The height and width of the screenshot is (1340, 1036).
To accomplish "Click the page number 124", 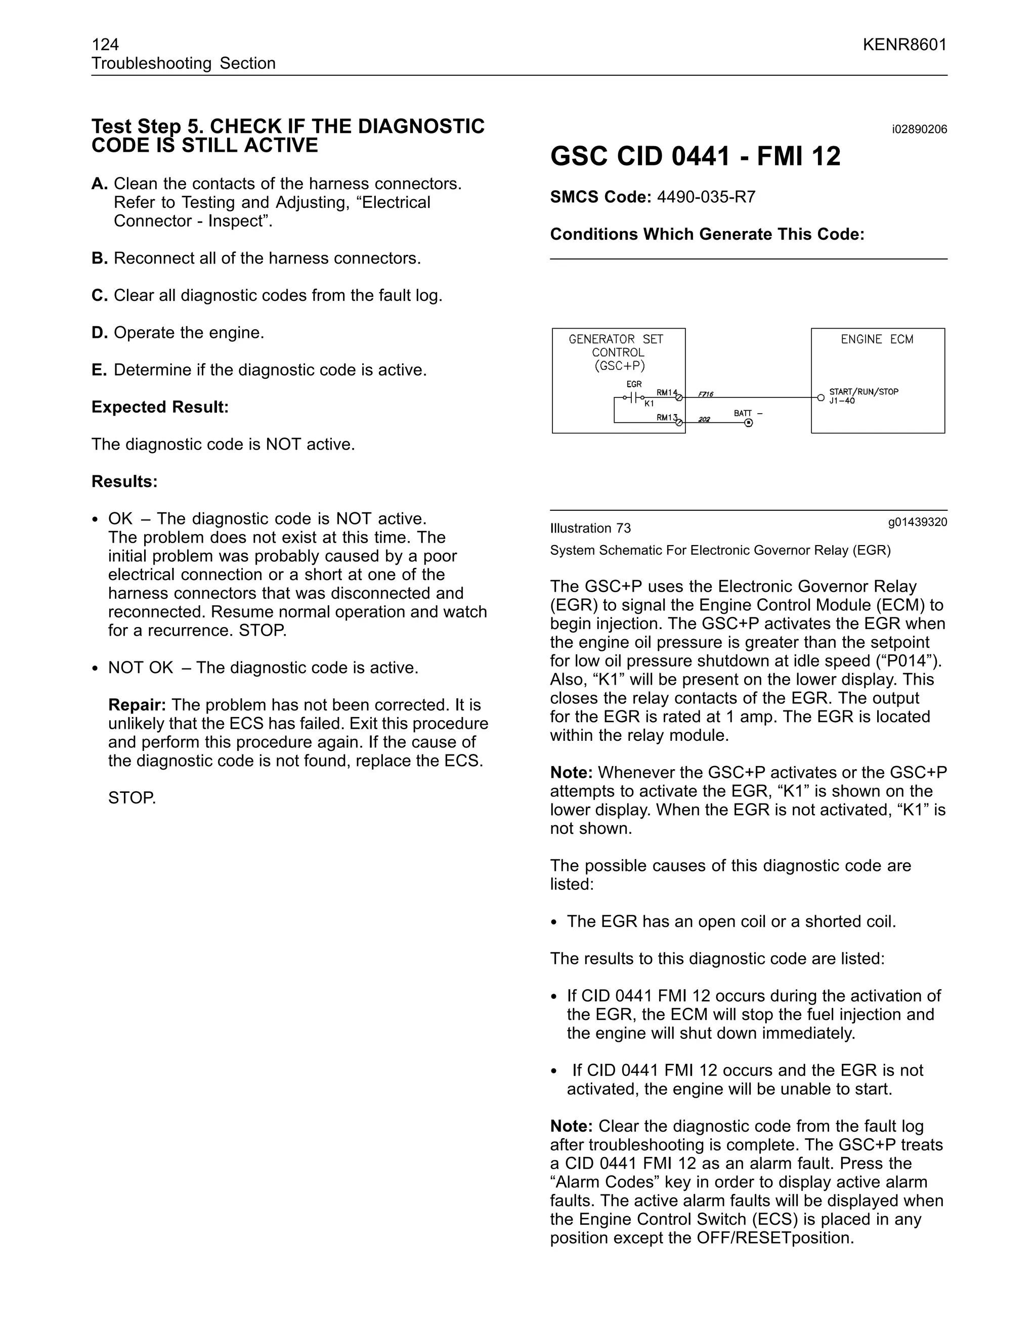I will click(105, 44).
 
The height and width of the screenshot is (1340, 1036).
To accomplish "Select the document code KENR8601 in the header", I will click(904, 44).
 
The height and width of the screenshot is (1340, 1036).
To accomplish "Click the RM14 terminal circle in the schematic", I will click(679, 397).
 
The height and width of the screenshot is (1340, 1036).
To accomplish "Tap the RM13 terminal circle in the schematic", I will click(679, 423).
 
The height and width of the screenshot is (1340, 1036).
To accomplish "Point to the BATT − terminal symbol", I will click(748, 423).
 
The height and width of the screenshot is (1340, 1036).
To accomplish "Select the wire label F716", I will click(705, 394).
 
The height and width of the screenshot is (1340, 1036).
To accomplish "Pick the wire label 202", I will click(704, 420).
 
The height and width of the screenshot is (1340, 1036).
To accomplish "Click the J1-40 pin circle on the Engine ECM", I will click(821, 397).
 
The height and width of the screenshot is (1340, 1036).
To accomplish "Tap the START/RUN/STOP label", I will click(864, 391).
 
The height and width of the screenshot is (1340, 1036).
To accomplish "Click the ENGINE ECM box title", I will click(877, 339).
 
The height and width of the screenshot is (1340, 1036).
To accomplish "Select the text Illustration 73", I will click(590, 528).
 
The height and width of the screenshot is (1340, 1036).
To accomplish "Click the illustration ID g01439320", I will click(917, 522).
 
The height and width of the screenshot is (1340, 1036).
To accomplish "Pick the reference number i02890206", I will click(919, 129).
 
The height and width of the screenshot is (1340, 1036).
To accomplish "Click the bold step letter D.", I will click(100, 333).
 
